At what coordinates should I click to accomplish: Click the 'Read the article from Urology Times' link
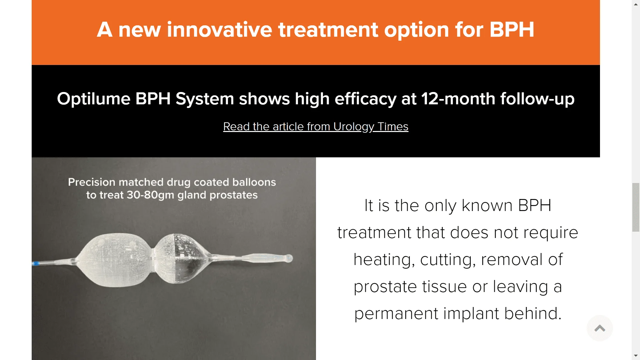point(315,127)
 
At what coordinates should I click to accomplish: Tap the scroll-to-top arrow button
point(599,328)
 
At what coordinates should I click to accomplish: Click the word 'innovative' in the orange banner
point(219,30)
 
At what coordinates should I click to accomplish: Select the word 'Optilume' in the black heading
point(93,99)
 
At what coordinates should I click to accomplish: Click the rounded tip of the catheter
point(289,258)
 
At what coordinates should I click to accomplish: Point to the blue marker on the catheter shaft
point(36,264)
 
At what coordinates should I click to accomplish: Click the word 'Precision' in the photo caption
point(92,182)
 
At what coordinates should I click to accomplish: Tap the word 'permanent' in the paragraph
point(396,314)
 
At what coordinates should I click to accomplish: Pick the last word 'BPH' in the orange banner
point(512,30)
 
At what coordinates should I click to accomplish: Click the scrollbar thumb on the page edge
point(636,207)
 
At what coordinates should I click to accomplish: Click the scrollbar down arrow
point(636,356)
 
